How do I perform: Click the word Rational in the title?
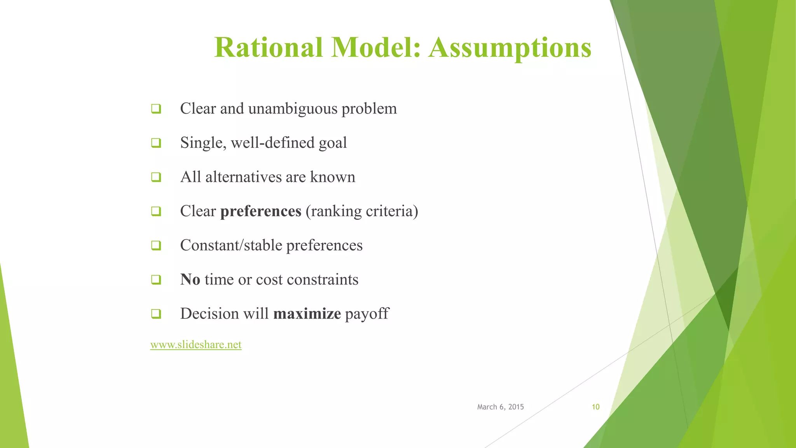click(x=268, y=47)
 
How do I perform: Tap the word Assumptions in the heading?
click(x=510, y=47)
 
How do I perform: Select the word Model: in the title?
click(x=376, y=47)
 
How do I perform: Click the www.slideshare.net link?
click(x=196, y=345)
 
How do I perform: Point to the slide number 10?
click(x=595, y=407)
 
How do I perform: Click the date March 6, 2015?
click(x=500, y=407)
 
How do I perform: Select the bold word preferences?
click(x=261, y=211)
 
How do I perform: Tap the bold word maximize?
click(x=307, y=314)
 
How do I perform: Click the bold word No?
click(x=190, y=280)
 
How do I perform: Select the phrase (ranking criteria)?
click(x=362, y=211)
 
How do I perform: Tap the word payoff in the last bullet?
click(x=367, y=314)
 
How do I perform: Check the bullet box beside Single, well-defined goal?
click(x=156, y=143)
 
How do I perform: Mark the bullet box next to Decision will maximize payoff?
click(x=156, y=313)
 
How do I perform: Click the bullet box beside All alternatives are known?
click(x=156, y=177)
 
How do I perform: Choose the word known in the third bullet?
click(x=332, y=177)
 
